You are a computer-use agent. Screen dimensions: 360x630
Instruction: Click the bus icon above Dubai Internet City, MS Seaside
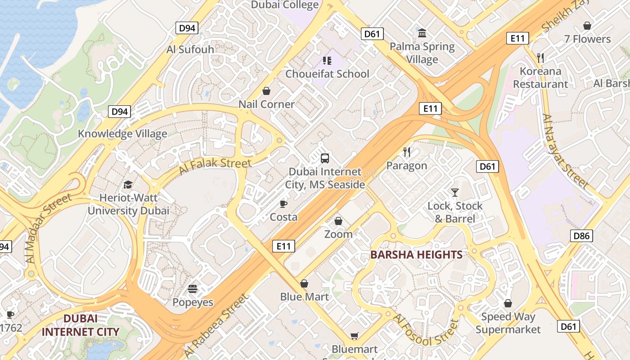tap(325, 158)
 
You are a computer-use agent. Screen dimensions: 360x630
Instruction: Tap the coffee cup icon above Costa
tap(283, 204)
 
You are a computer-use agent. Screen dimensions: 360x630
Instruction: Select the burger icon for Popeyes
tap(193, 289)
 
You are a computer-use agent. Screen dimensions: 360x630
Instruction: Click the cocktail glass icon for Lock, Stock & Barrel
tap(455, 193)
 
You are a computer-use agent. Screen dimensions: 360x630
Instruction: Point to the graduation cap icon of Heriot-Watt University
tap(128, 184)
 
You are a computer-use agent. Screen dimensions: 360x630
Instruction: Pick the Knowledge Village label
tap(122, 134)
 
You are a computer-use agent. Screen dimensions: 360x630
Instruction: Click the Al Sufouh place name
tap(190, 49)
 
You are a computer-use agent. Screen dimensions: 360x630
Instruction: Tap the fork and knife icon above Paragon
tap(407, 152)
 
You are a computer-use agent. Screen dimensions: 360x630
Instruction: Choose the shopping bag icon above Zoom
tap(338, 221)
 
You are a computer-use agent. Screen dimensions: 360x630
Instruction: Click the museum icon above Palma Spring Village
tap(422, 33)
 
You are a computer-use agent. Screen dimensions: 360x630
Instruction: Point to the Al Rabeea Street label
tap(216, 326)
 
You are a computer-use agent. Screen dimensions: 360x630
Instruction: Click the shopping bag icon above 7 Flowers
tap(587, 26)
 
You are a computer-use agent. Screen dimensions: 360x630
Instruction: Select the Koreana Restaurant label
tap(540, 77)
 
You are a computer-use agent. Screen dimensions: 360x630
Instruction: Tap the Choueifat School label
tap(327, 74)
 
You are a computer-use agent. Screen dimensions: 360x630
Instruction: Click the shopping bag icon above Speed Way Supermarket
tap(508, 303)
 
